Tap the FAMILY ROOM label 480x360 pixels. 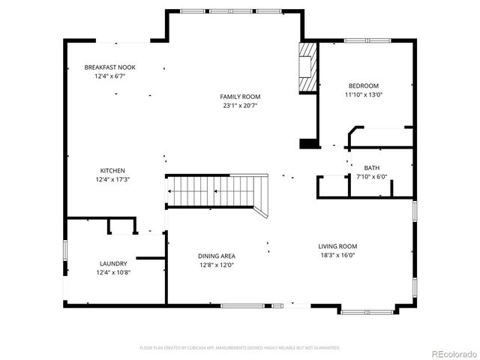(240, 97)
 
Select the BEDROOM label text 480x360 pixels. (363, 85)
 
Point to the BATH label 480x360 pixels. (371, 168)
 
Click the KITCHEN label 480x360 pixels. (112, 170)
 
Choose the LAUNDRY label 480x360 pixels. (113, 263)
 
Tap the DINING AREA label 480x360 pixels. (217, 256)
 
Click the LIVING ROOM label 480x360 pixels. (337, 246)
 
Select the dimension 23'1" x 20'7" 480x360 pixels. (240, 106)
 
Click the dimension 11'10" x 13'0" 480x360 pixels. (363, 94)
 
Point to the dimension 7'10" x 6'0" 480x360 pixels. (371, 177)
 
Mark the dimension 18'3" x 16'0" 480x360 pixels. (337, 255)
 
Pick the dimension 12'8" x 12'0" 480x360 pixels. (217, 265)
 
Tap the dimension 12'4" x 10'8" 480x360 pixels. (113, 272)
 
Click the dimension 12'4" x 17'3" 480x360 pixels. (112, 179)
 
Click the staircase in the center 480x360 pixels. (217, 190)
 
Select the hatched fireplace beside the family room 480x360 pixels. (307, 67)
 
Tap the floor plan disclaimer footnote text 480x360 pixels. (240, 348)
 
